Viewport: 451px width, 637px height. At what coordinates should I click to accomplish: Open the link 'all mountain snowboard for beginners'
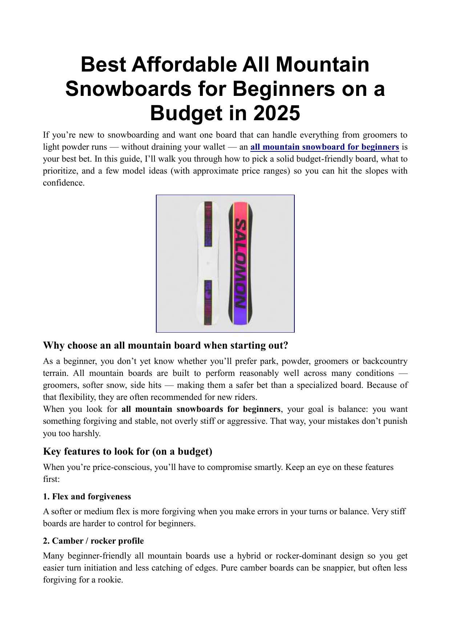click(325, 147)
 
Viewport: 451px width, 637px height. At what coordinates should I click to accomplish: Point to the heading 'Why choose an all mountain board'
click(165, 345)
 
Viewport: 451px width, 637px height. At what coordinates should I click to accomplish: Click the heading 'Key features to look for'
click(128, 451)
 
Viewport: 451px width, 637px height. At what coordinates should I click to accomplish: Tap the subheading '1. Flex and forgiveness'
click(87, 496)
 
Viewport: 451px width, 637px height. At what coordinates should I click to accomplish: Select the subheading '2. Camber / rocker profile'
click(93, 541)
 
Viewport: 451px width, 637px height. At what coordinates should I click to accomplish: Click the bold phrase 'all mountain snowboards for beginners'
click(201, 409)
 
